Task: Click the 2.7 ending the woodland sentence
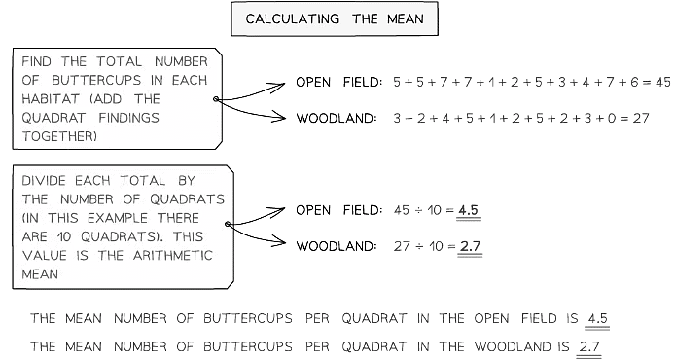(x=588, y=346)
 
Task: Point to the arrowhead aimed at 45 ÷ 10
(x=284, y=211)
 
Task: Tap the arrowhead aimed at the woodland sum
(x=284, y=118)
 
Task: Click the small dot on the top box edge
(x=216, y=98)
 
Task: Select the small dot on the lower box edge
(x=226, y=225)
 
